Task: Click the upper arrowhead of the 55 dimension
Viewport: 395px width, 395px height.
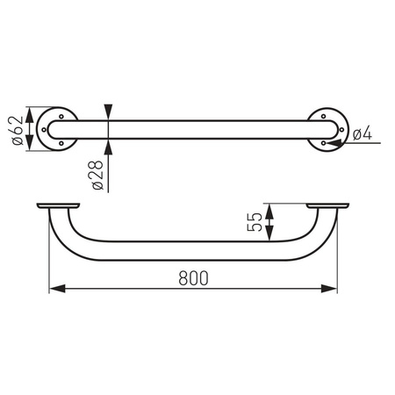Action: pyautogui.click(x=270, y=209)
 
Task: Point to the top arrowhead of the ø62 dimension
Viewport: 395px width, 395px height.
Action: pyautogui.click(x=32, y=113)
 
